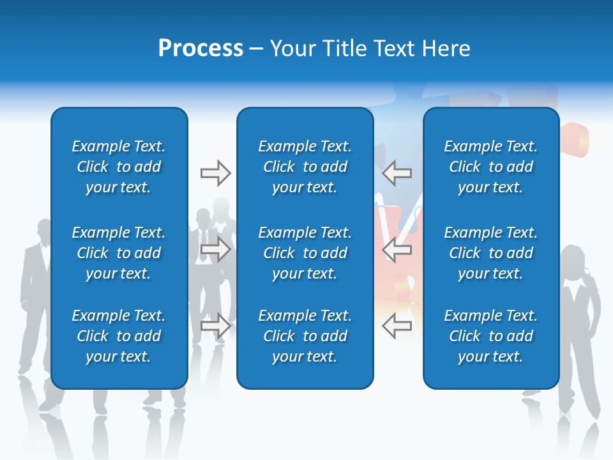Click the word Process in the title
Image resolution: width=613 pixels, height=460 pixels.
pyautogui.click(x=201, y=49)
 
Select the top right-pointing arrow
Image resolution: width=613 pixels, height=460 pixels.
pyautogui.click(x=215, y=172)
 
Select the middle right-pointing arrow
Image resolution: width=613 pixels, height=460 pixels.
pyautogui.click(x=215, y=249)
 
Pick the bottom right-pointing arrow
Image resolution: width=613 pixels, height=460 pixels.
pyautogui.click(x=215, y=326)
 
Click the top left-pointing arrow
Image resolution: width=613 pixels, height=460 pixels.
pyautogui.click(x=397, y=172)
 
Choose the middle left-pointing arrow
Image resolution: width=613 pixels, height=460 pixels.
pyautogui.click(x=397, y=249)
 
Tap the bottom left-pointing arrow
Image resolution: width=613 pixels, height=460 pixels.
pyautogui.click(x=397, y=326)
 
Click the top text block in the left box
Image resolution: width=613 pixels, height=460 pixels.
pyautogui.click(x=119, y=167)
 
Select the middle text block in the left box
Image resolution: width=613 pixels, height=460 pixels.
pyautogui.click(x=119, y=253)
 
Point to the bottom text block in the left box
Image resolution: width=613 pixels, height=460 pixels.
pyautogui.click(x=119, y=336)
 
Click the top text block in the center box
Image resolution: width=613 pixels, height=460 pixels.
pyautogui.click(x=305, y=167)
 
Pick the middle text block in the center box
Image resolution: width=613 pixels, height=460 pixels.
pyautogui.click(x=305, y=253)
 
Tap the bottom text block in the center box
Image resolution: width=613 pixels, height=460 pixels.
pyautogui.click(x=305, y=336)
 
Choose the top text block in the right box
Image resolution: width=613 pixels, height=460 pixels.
pyautogui.click(x=490, y=167)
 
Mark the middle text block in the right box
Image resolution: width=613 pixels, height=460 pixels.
pyautogui.click(x=490, y=253)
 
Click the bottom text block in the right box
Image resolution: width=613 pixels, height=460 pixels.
pyautogui.click(x=490, y=336)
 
